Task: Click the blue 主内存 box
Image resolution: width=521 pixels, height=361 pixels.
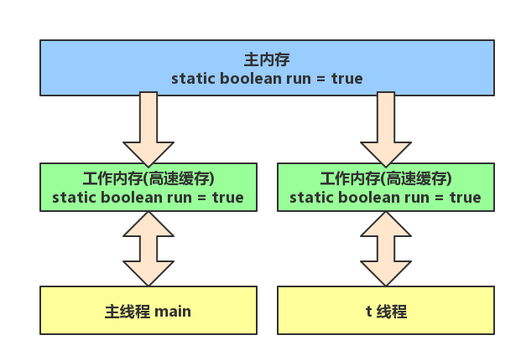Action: [x=267, y=67]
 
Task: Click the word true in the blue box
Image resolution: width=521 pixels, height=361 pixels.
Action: [x=346, y=79]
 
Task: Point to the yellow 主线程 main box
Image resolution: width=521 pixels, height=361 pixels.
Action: [x=148, y=312]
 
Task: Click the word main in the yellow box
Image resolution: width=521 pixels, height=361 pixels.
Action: [x=173, y=312]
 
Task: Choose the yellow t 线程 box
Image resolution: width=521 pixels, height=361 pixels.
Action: [x=386, y=312]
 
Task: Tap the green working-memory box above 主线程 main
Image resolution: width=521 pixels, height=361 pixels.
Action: [x=148, y=188]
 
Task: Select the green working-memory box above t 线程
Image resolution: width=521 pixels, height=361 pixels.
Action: [x=386, y=188]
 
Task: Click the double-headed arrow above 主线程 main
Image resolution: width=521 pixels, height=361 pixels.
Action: [x=148, y=248]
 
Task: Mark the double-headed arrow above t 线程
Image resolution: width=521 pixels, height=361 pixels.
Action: [x=386, y=248]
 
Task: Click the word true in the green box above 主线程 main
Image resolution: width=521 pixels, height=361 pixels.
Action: [x=227, y=198]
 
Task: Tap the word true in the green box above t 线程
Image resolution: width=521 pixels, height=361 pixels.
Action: [x=465, y=198]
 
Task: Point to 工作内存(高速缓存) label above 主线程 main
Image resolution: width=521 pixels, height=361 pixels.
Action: [x=148, y=178]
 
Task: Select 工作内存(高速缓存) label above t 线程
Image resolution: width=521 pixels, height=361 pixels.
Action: [x=386, y=178]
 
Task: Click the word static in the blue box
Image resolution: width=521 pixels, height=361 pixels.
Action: [x=192, y=79]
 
